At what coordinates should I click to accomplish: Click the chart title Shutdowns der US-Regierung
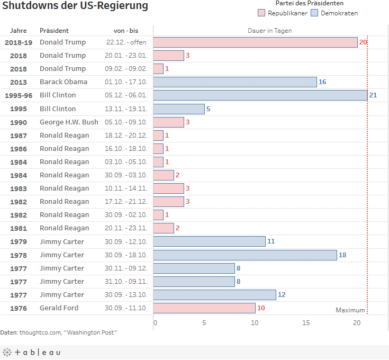(x=75, y=7)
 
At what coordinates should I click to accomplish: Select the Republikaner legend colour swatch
(x=261, y=13)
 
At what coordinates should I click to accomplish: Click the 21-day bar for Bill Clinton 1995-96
(x=260, y=95)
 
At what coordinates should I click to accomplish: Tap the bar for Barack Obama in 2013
(x=235, y=82)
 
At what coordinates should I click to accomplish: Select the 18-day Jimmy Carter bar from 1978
(x=245, y=255)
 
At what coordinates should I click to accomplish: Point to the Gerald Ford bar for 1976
(x=204, y=308)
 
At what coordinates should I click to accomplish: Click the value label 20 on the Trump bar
(x=363, y=42)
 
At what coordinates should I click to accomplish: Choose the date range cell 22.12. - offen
(x=126, y=42)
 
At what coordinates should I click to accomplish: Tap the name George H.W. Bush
(x=69, y=122)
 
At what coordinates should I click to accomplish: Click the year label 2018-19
(x=19, y=42)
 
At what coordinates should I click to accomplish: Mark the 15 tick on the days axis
(x=306, y=323)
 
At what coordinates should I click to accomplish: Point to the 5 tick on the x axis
(x=204, y=323)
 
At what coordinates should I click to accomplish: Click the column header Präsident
(x=54, y=31)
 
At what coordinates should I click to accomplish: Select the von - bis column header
(x=126, y=31)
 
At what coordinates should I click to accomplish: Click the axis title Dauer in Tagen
(x=270, y=31)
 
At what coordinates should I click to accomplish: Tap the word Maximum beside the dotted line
(x=350, y=310)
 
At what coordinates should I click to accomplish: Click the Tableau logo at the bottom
(x=32, y=353)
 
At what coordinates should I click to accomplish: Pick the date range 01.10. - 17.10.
(x=126, y=82)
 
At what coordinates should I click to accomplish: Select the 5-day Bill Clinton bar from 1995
(x=179, y=109)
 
